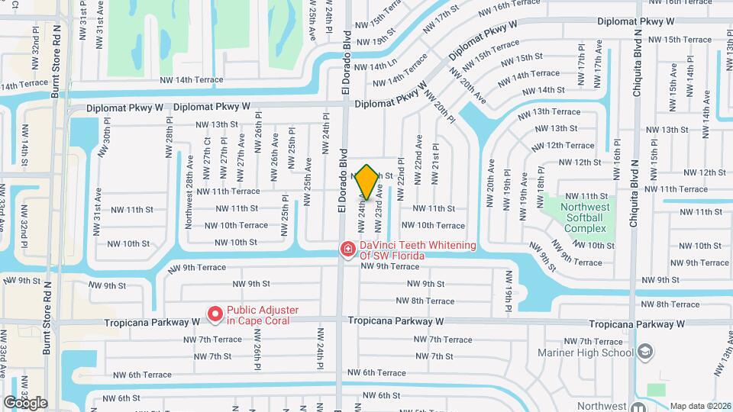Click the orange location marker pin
[x=366, y=182]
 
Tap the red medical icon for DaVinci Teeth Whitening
[x=347, y=249]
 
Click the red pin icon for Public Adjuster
[x=215, y=314]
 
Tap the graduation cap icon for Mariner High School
[x=645, y=351]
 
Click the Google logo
[x=25, y=402]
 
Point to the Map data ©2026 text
[x=699, y=406]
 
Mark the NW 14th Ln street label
[x=373, y=66]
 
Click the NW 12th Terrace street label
[x=564, y=145]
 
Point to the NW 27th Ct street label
[x=208, y=153]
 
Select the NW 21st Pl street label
[x=435, y=162]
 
